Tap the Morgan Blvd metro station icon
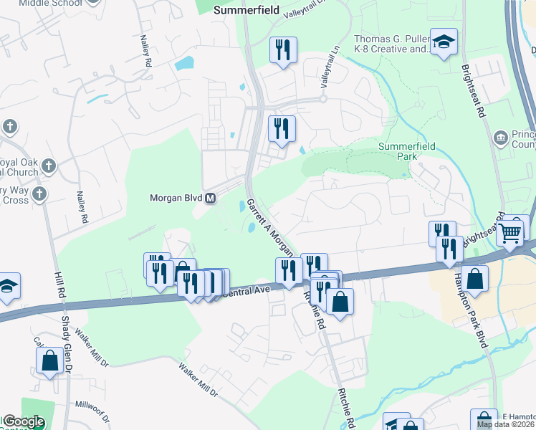[211, 199]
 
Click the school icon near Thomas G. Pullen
[444, 42]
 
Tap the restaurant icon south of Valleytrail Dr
[282, 49]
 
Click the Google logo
[23, 422]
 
